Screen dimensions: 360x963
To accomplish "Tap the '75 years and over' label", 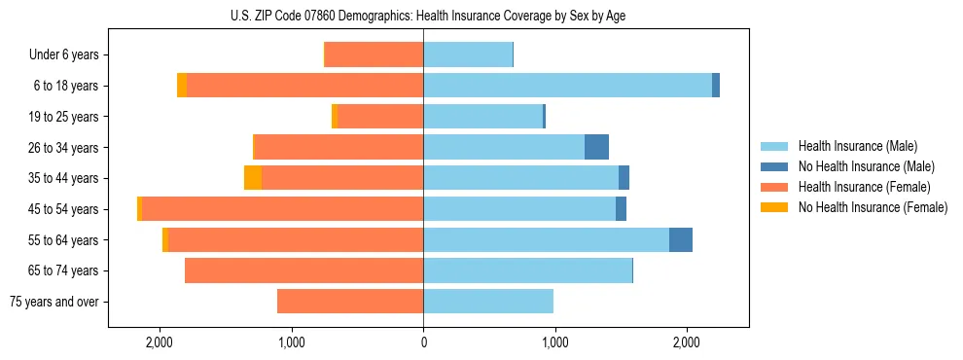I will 53,302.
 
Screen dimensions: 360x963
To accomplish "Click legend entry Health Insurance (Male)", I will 857,146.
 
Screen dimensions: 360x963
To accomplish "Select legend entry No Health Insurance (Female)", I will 873,207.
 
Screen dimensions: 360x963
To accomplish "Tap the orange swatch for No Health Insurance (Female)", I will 774,207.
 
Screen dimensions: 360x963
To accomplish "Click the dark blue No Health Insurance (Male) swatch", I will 774,166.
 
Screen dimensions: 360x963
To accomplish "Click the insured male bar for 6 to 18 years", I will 567,86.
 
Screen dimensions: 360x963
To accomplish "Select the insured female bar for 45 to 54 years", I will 282,209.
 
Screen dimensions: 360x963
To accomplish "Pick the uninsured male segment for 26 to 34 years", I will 596,147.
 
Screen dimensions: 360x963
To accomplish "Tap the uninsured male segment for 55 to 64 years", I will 681,239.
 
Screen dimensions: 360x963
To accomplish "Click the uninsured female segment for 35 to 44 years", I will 253,178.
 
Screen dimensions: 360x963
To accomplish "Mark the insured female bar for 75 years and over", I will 350,302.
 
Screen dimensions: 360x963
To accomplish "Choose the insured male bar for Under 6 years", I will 468,54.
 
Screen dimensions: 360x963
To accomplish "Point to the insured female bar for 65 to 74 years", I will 303,270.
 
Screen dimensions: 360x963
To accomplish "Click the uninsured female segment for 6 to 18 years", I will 182,86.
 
